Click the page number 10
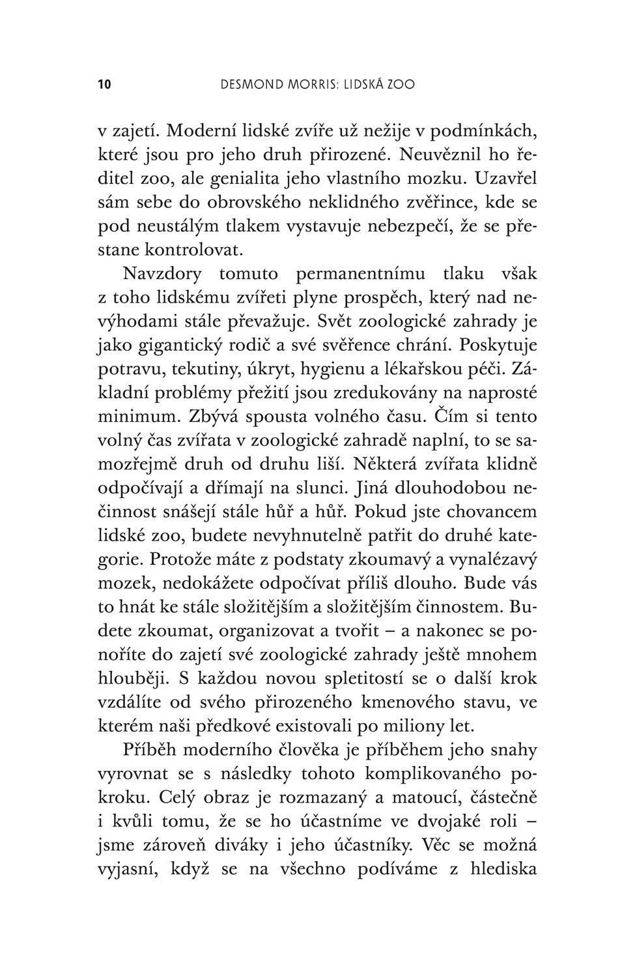click(104, 84)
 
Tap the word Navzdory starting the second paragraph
click(162, 274)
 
